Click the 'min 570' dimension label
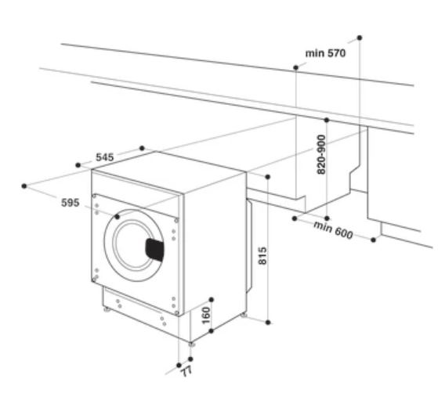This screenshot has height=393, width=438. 325,52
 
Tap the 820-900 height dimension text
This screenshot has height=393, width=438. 321,154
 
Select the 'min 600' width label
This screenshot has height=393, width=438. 333,230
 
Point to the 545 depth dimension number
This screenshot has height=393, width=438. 105,157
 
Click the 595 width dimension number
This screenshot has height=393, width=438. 70,202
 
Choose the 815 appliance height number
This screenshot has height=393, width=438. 262,256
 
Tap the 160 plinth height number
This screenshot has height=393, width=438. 206,315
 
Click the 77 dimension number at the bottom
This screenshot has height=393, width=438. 186,371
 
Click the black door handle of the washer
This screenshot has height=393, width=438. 154,250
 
